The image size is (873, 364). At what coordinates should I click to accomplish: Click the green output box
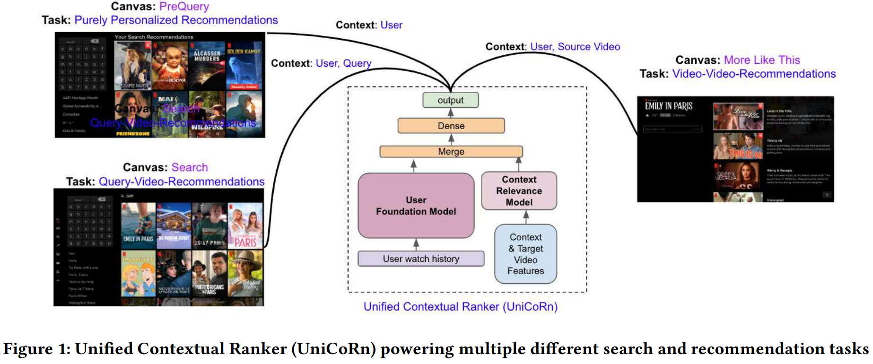[450, 100]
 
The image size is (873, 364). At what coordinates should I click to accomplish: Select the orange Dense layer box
[451, 126]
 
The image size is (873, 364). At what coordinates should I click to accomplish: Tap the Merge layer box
[451, 152]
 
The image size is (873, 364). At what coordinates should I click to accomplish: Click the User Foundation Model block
[416, 206]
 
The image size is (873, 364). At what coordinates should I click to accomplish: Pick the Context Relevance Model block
[519, 191]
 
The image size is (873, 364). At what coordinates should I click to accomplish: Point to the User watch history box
[420, 259]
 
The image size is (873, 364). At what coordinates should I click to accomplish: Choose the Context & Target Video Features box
[525, 254]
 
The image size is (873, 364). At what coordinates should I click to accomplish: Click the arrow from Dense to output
[451, 113]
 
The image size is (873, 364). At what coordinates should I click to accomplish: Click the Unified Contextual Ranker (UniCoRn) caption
[460, 307]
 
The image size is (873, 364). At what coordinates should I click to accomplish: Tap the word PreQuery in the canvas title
[184, 7]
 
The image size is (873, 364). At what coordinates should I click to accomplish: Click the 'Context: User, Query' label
[321, 63]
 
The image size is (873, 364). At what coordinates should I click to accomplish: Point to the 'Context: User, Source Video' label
[552, 47]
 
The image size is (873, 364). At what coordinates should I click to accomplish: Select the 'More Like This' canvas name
[761, 60]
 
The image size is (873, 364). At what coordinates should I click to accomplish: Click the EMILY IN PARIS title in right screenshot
[668, 106]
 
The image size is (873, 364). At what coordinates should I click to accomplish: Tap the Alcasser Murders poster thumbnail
[207, 65]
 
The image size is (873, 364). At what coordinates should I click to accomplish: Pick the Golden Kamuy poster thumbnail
[244, 65]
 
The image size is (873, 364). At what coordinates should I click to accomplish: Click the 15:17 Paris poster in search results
[210, 225]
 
